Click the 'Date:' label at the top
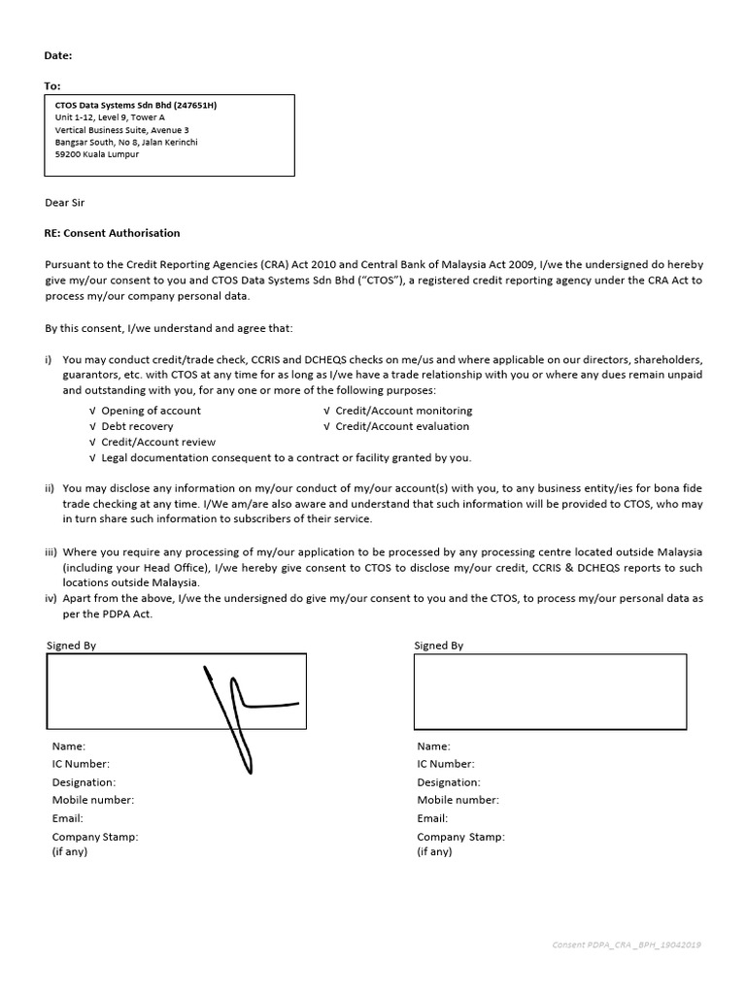[x=58, y=56]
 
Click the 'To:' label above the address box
[x=52, y=86]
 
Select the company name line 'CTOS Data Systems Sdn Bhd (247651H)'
[x=136, y=106]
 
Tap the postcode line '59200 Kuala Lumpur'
[x=97, y=154]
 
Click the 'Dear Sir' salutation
[x=72, y=203]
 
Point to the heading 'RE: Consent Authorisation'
[x=113, y=233]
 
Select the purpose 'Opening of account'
[x=151, y=411]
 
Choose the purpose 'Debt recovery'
[x=137, y=426]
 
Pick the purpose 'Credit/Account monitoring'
[x=403, y=411]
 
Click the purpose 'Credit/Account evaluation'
[x=402, y=426]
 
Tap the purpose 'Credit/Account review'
[x=158, y=442]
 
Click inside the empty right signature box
[x=550, y=691]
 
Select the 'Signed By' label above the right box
[x=439, y=646]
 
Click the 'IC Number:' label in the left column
[x=81, y=764]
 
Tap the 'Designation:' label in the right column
[x=449, y=782]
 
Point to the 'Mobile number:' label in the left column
[x=93, y=800]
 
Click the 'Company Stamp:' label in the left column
[x=95, y=836]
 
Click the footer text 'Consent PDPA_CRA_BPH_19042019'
[x=627, y=944]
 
